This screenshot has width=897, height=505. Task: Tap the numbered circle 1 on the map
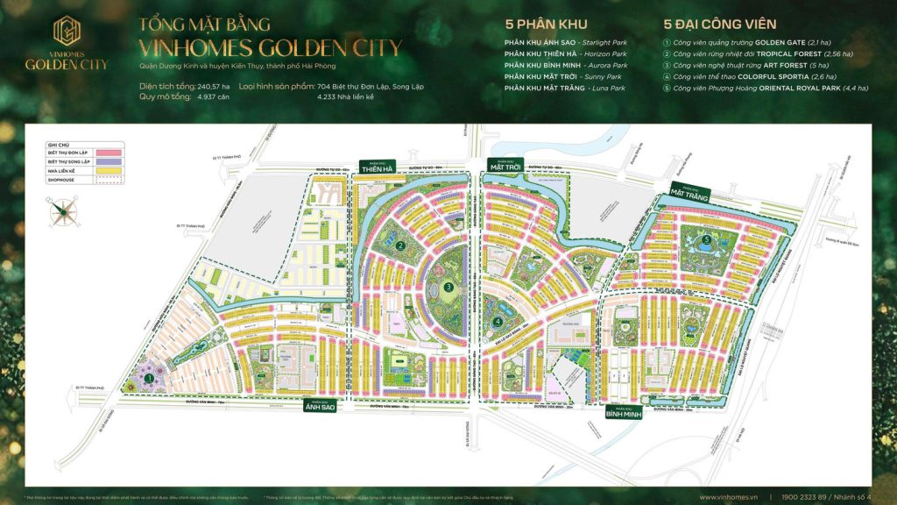[149, 378]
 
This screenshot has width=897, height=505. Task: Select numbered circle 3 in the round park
[448, 286]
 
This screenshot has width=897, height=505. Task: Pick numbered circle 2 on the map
[399, 246]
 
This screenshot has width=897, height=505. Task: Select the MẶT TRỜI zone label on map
[504, 165]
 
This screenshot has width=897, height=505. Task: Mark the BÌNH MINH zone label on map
[623, 412]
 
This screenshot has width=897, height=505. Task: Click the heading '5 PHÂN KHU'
[546, 24]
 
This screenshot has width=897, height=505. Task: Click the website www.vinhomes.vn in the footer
[729, 497]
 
